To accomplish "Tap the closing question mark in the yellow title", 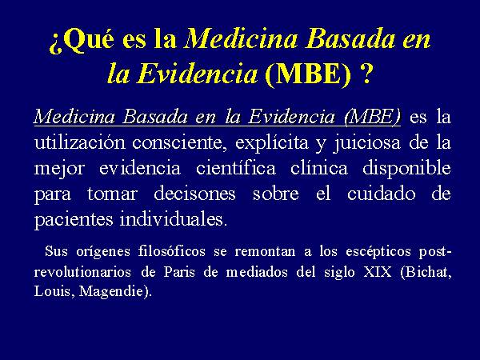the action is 366,74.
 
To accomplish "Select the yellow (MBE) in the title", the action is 308,74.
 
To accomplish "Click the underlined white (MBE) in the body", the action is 372,117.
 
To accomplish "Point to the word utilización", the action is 80,142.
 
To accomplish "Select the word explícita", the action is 272,143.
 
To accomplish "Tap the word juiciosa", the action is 366,143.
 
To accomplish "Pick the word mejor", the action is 59,169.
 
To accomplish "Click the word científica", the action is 236,168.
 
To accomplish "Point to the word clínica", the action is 319,168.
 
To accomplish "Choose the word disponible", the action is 406,169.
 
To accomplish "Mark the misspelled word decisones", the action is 194,194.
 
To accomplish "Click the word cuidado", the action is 381,194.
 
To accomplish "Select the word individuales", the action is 174,219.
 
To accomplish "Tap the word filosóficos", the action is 172,251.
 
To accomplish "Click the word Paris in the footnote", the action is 179,272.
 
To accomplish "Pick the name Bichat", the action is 426,272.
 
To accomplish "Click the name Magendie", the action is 114,291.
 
